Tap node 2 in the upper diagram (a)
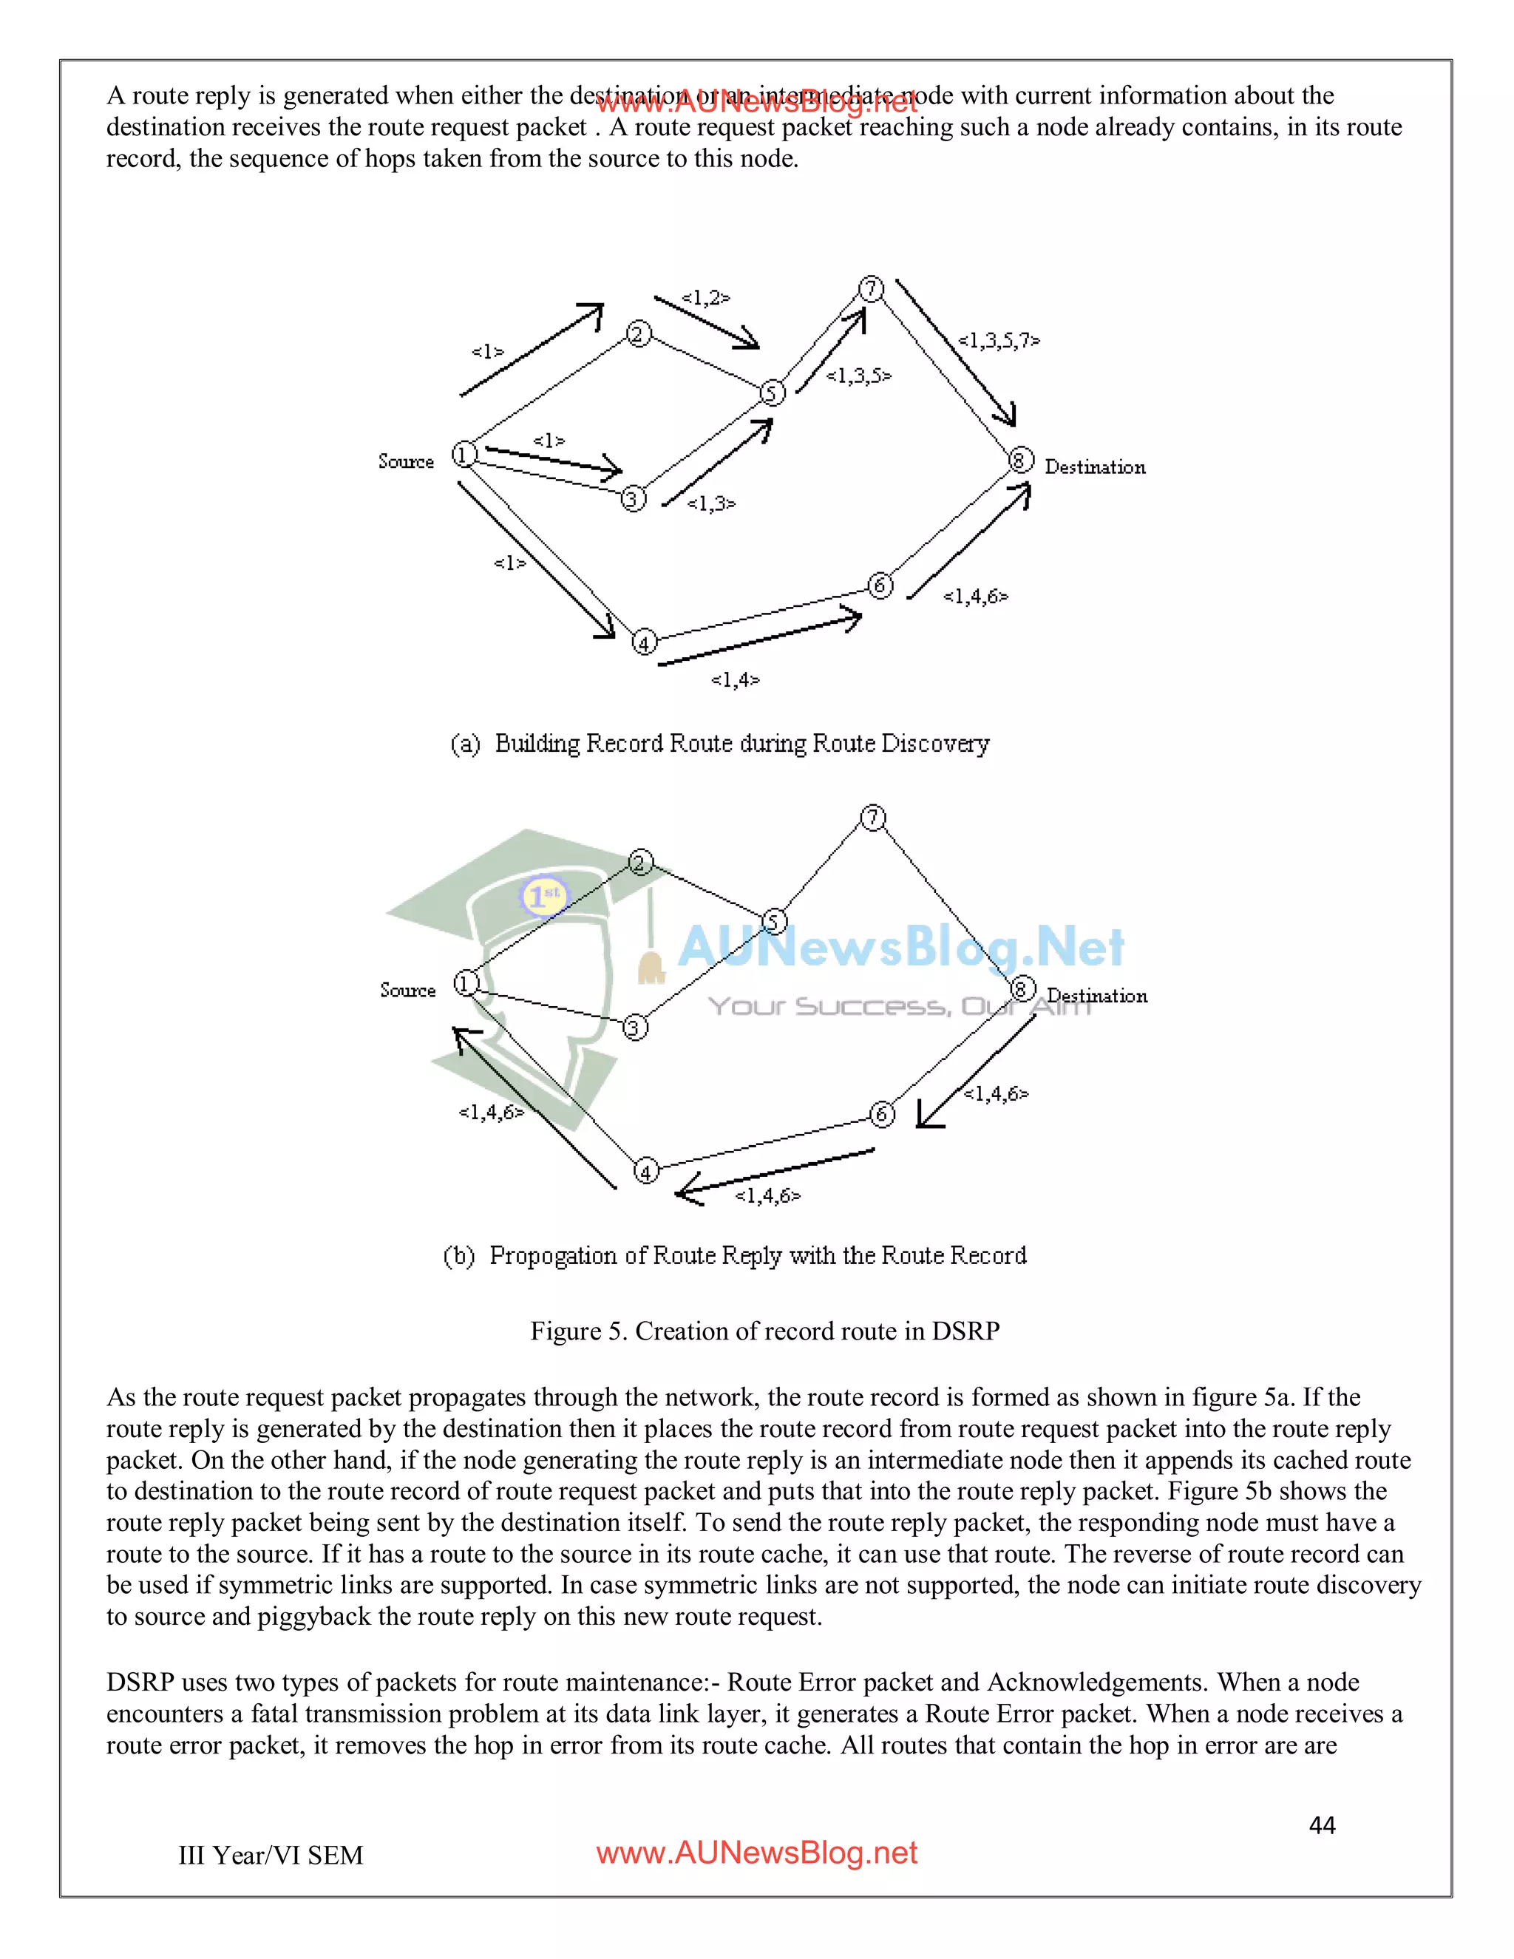(638, 335)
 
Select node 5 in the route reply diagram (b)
(774, 921)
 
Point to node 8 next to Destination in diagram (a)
(1021, 460)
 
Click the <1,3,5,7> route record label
(998, 340)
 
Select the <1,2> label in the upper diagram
(705, 297)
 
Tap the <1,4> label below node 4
(735, 679)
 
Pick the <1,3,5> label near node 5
(858, 375)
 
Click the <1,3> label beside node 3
(710, 503)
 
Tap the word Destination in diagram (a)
(1094, 466)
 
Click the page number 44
(1322, 1824)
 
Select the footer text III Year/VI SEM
(270, 1854)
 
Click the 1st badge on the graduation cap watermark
(543, 894)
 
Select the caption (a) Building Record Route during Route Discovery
(719, 743)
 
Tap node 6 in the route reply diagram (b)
(882, 1114)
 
